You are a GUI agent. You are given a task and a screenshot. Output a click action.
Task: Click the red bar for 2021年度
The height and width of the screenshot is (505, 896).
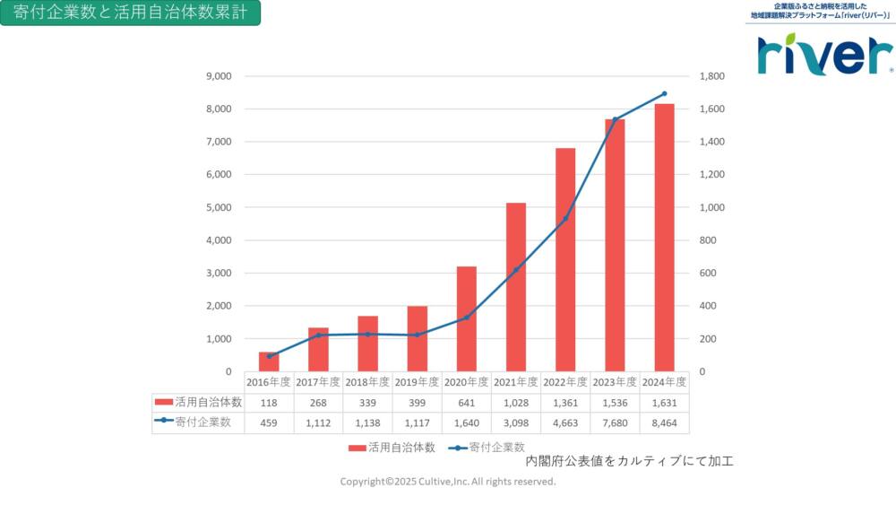pyautogui.click(x=516, y=287)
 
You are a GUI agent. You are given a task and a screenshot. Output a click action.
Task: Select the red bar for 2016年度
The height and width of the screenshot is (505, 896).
pyautogui.click(x=269, y=361)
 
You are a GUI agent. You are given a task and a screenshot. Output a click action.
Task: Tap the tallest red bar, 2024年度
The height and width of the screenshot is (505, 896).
pyautogui.click(x=664, y=238)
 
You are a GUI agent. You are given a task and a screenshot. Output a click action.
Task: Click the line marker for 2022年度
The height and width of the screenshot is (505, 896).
pyautogui.click(x=565, y=218)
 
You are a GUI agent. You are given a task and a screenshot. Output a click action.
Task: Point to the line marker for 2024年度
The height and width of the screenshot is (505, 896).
pyautogui.click(x=664, y=93)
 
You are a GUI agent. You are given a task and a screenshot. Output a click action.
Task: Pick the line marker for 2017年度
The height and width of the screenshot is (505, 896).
pyautogui.click(x=318, y=335)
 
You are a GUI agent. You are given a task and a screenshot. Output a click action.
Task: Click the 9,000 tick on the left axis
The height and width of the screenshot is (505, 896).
pyautogui.click(x=219, y=76)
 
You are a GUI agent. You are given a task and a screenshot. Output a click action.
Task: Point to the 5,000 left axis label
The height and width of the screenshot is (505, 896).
pyautogui.click(x=219, y=207)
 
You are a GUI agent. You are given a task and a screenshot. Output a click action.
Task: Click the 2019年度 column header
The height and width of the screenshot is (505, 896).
pyautogui.click(x=417, y=382)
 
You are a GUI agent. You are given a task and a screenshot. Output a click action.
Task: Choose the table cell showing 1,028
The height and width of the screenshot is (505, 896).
pyautogui.click(x=515, y=403)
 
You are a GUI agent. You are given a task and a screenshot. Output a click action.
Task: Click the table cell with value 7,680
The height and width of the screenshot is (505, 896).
pyautogui.click(x=615, y=423)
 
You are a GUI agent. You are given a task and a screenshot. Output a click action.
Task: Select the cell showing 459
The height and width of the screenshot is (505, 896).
pyautogui.click(x=269, y=423)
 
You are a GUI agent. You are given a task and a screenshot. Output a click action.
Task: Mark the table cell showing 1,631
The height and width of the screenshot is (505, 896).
pyautogui.click(x=664, y=403)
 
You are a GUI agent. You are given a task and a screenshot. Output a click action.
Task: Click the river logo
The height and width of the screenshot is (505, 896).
pyautogui.click(x=824, y=56)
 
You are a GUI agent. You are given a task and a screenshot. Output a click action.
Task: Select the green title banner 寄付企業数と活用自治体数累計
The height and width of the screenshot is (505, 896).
pyautogui.click(x=131, y=13)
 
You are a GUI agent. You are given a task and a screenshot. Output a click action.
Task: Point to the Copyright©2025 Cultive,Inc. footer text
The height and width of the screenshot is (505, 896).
pyautogui.click(x=448, y=482)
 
